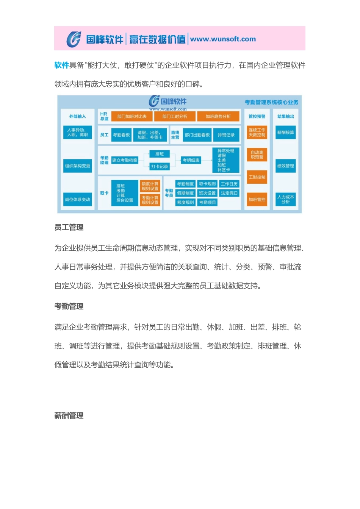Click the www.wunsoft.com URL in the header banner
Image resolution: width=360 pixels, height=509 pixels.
tap(223, 39)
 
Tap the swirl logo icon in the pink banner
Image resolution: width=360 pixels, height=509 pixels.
tap(74, 39)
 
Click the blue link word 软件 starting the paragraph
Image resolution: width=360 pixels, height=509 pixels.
tap(61, 65)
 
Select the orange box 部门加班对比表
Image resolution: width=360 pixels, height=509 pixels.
tap(132, 116)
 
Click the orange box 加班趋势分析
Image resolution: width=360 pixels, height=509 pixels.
tap(218, 116)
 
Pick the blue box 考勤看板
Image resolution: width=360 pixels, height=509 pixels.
tap(121, 135)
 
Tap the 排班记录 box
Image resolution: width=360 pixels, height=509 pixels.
tap(226, 135)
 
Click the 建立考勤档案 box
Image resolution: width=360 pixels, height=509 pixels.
tap(125, 160)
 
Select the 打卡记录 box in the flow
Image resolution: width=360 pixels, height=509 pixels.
tap(160, 166)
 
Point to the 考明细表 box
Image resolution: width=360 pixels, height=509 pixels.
tap(191, 160)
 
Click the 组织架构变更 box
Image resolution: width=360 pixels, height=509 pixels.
tap(78, 166)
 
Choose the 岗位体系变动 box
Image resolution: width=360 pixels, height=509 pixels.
tap(78, 199)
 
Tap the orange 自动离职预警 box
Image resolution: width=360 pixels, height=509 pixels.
tap(257, 155)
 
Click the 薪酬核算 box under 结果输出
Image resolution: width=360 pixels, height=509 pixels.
tap(285, 133)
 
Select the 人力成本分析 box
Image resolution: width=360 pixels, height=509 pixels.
tap(285, 199)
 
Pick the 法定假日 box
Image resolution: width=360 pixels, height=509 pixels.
tap(229, 193)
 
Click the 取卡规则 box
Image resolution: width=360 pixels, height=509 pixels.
tap(207, 184)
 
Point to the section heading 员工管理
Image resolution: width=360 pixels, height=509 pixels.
tap(69, 227)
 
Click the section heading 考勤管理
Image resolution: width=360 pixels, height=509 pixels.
tap(69, 306)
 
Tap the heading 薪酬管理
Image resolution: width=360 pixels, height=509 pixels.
tap(69, 415)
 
